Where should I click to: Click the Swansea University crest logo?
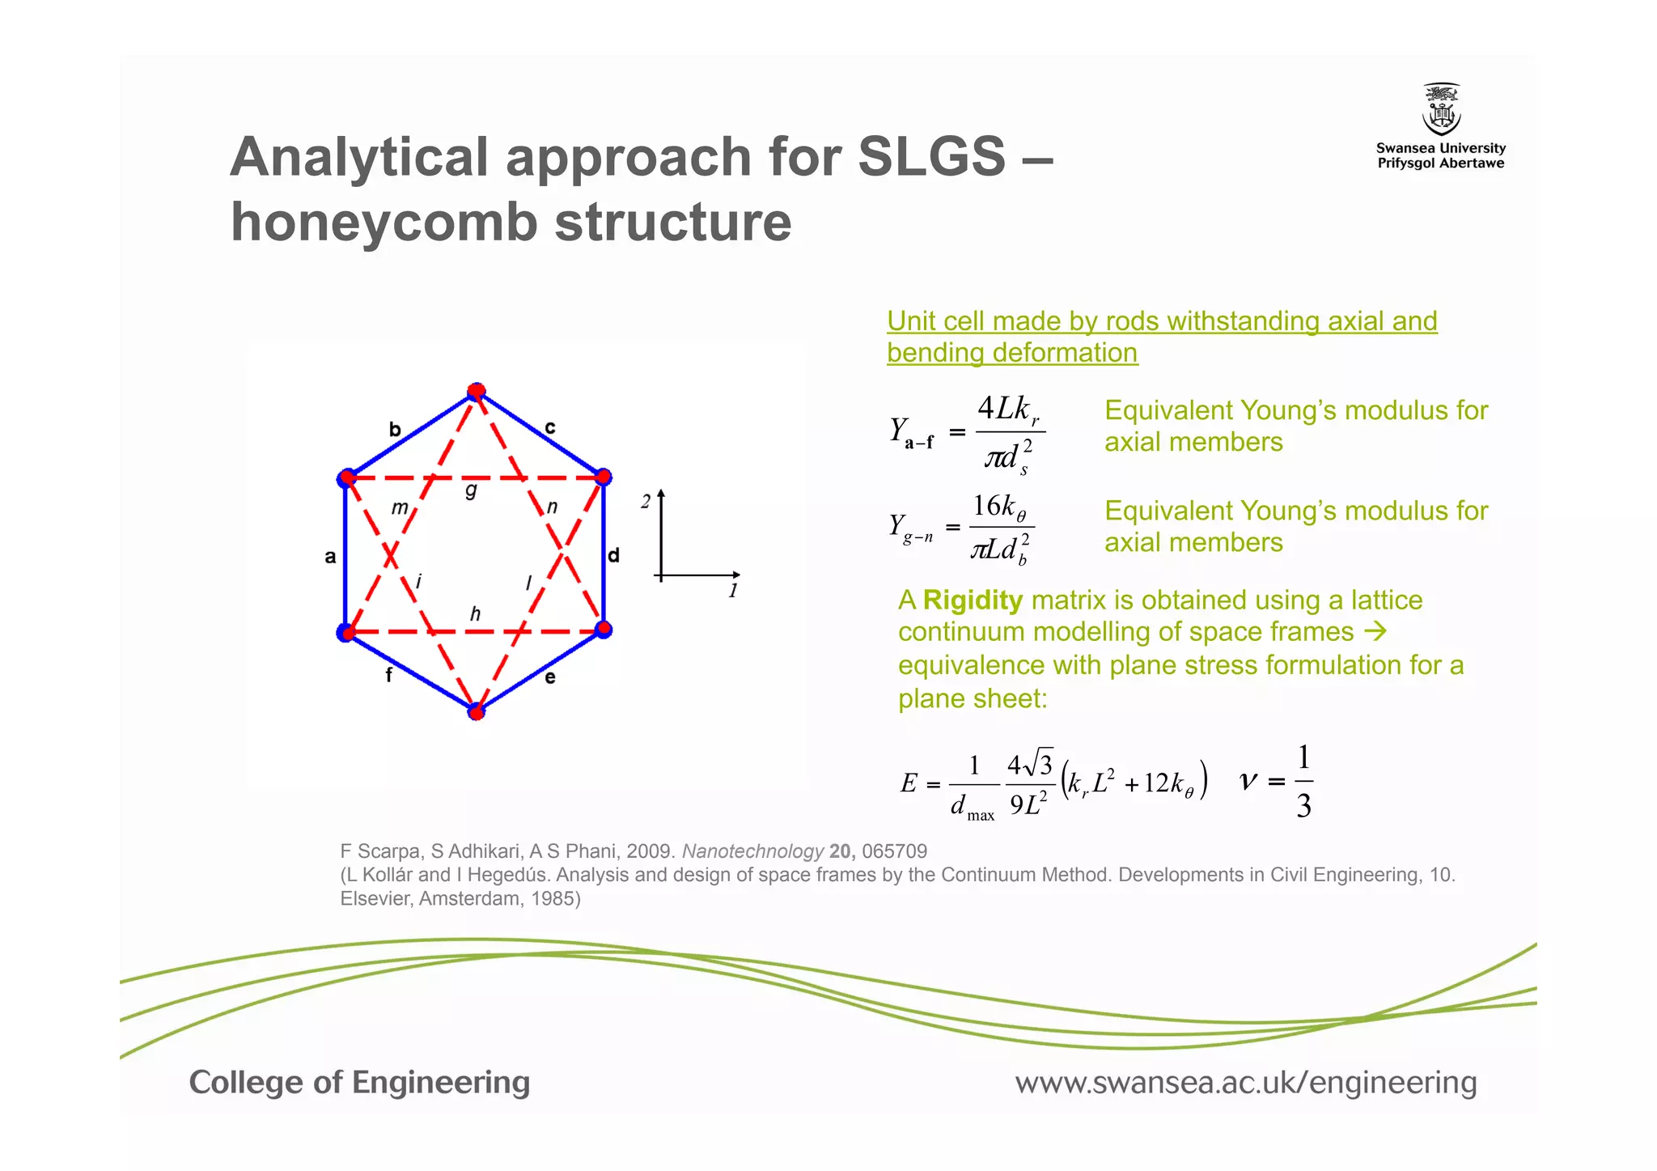pos(1441,109)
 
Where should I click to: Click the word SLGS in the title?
pos(930,156)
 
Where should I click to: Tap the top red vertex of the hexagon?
pos(477,392)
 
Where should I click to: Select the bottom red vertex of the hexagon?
pos(477,711)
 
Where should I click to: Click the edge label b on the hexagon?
pos(395,430)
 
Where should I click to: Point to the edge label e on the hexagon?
pos(550,677)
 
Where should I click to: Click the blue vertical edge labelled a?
pos(345,555)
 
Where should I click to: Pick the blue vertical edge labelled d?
pos(604,555)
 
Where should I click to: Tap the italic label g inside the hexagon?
pos(471,490)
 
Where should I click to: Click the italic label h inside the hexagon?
pos(475,614)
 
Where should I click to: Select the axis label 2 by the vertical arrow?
pos(645,502)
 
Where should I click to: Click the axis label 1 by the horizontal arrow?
pos(733,591)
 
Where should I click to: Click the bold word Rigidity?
pos(973,600)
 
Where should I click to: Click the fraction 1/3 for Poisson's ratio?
pos(1303,782)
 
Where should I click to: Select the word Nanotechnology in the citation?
pos(752,851)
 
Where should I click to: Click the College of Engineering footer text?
pos(359,1083)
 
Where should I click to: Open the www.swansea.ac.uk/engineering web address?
pos(1246,1083)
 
